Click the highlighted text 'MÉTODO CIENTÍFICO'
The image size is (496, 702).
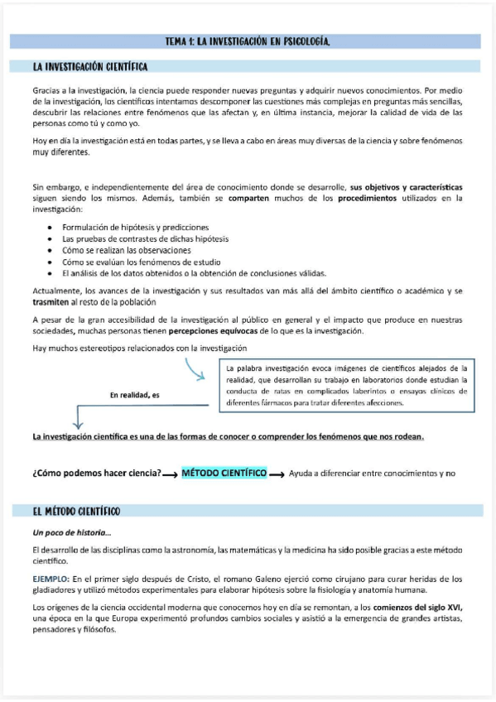click(x=224, y=473)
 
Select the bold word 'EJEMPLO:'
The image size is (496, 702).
click(x=51, y=579)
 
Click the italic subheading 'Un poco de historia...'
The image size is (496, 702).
click(x=72, y=532)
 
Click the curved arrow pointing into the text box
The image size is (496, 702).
click(x=197, y=369)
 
